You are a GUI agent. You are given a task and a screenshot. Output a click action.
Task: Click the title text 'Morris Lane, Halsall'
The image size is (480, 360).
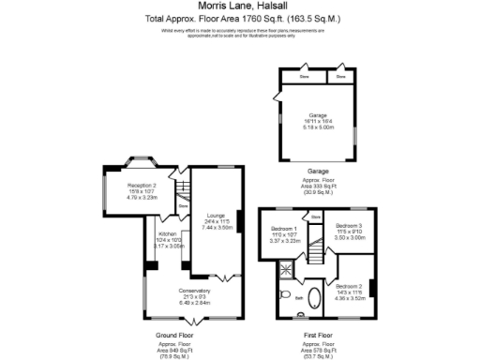(240, 7)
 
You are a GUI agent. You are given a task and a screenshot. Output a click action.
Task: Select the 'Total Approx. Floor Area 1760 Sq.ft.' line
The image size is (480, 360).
(240, 18)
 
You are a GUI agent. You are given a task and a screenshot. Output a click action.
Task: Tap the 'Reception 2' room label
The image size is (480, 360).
(142, 186)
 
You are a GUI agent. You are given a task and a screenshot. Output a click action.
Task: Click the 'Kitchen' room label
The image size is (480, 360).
(168, 233)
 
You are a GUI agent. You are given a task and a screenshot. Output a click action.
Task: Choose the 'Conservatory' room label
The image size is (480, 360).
(195, 291)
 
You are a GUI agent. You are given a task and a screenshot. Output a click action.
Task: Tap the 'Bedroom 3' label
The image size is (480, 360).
(349, 226)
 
